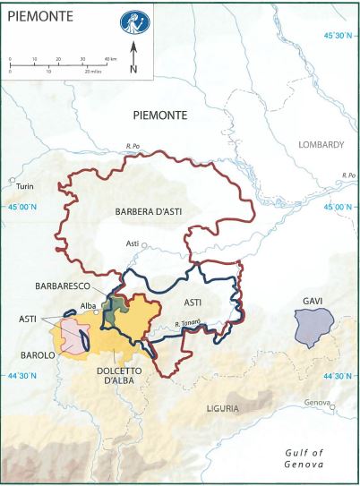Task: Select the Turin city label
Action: [x=24, y=187]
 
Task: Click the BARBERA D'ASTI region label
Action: [x=153, y=211]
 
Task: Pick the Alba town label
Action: [x=88, y=306]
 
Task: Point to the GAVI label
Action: [x=313, y=301]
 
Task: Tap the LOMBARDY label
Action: [x=322, y=145]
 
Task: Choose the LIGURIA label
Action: [x=224, y=408]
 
